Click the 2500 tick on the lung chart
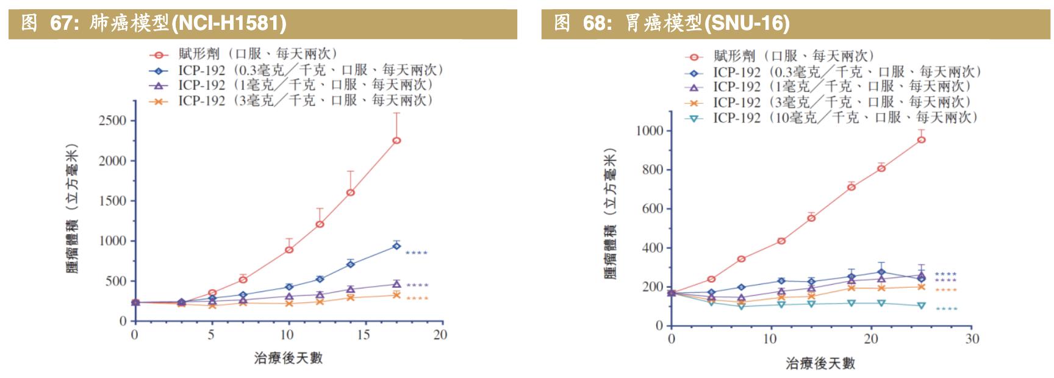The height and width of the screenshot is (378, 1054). [x=112, y=121]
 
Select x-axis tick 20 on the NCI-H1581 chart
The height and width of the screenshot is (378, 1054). [x=440, y=335]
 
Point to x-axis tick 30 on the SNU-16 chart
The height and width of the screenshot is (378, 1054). [x=972, y=339]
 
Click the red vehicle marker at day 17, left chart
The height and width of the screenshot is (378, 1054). [x=396, y=141]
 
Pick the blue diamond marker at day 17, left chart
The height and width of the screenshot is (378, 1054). [x=396, y=246]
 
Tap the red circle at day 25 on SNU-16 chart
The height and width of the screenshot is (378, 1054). [x=922, y=140]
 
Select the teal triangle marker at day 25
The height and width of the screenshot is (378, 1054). [x=922, y=305]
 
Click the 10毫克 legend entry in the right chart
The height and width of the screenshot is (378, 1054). [x=845, y=118]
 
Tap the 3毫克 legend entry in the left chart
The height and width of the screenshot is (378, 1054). [x=305, y=101]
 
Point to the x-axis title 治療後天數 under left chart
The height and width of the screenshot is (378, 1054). [x=288, y=358]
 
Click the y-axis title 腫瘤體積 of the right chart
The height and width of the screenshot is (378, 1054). [x=611, y=213]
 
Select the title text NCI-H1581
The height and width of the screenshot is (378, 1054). [x=229, y=23]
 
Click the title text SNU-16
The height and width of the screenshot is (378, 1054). [x=747, y=23]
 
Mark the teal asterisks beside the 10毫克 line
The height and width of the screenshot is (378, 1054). [x=946, y=309]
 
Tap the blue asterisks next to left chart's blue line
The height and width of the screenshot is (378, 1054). [x=417, y=253]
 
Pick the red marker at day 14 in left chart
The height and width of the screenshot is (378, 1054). [x=351, y=193]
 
